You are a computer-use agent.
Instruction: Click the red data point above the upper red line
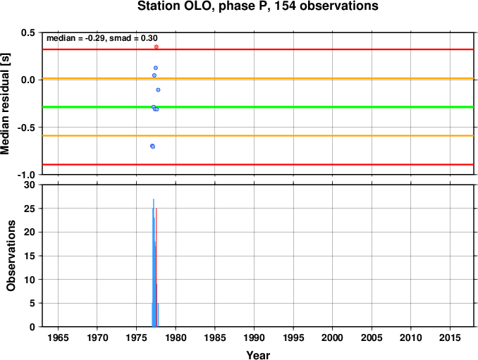pyautogui.click(x=157, y=47)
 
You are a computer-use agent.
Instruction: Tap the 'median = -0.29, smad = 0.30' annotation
pyautogui.click(x=102, y=38)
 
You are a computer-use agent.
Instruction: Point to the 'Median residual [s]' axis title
pyautogui.click(x=5, y=104)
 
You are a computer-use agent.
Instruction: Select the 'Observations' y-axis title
pyautogui.click(x=11, y=256)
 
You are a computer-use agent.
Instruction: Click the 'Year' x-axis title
pyautogui.click(x=258, y=355)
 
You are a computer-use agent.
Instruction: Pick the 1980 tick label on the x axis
pyautogui.click(x=176, y=337)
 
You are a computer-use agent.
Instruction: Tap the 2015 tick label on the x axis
pyautogui.click(x=450, y=337)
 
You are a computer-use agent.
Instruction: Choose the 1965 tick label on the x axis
pyautogui.click(x=58, y=337)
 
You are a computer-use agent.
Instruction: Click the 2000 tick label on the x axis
pyautogui.click(x=332, y=337)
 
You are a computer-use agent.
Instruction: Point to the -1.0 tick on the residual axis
pyautogui.click(x=26, y=175)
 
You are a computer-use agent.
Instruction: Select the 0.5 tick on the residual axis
pyautogui.click(x=28, y=32)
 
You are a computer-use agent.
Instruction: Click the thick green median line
pyautogui.click(x=258, y=107)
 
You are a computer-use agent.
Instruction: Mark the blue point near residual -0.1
pyautogui.click(x=158, y=90)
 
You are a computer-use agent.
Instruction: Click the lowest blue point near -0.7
pyautogui.click(x=153, y=147)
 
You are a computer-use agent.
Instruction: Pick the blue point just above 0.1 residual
pyautogui.click(x=156, y=68)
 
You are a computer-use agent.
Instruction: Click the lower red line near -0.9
pyautogui.click(x=258, y=164)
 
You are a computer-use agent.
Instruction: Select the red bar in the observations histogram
pyautogui.click(x=156, y=268)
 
